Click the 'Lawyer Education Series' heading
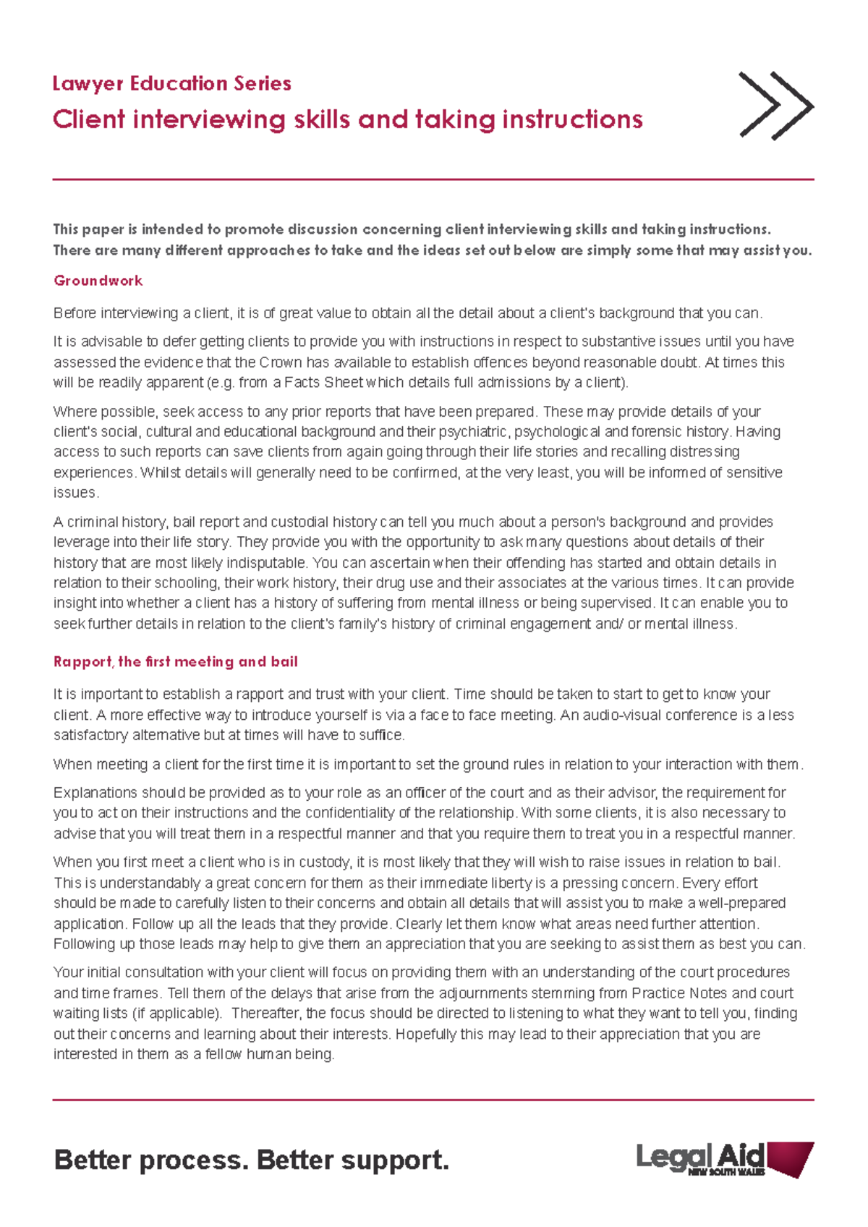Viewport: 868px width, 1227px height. (x=171, y=84)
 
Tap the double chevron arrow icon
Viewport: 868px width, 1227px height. (x=776, y=106)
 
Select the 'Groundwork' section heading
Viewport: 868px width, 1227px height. (x=98, y=281)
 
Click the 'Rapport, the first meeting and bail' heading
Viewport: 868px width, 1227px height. (x=175, y=662)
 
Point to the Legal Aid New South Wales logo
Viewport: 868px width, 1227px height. (x=725, y=1160)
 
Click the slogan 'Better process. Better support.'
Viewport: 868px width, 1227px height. (x=251, y=1160)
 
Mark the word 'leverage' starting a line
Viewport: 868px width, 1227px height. (x=80, y=543)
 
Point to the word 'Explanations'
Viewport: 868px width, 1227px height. (x=95, y=793)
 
